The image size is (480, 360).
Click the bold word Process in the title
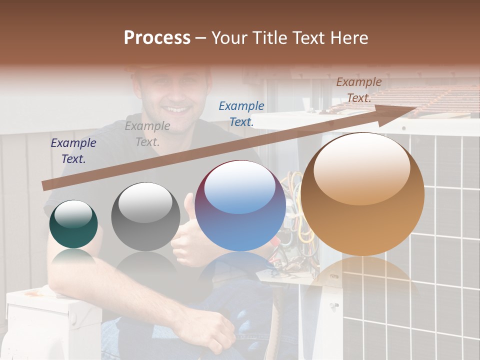click(157, 38)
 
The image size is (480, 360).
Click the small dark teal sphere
click(73, 224)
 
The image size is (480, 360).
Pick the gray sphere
click(145, 216)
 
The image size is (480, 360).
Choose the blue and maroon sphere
click(240, 205)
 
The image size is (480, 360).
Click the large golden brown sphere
click(362, 194)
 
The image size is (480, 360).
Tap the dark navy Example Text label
click(73, 150)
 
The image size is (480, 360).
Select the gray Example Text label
click(147, 133)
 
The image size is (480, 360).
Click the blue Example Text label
click(241, 113)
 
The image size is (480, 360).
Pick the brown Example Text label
click(358, 89)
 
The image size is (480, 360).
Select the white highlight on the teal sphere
click(73, 214)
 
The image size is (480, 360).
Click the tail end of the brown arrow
click(46, 185)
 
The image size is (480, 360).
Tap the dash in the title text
click(201, 38)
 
